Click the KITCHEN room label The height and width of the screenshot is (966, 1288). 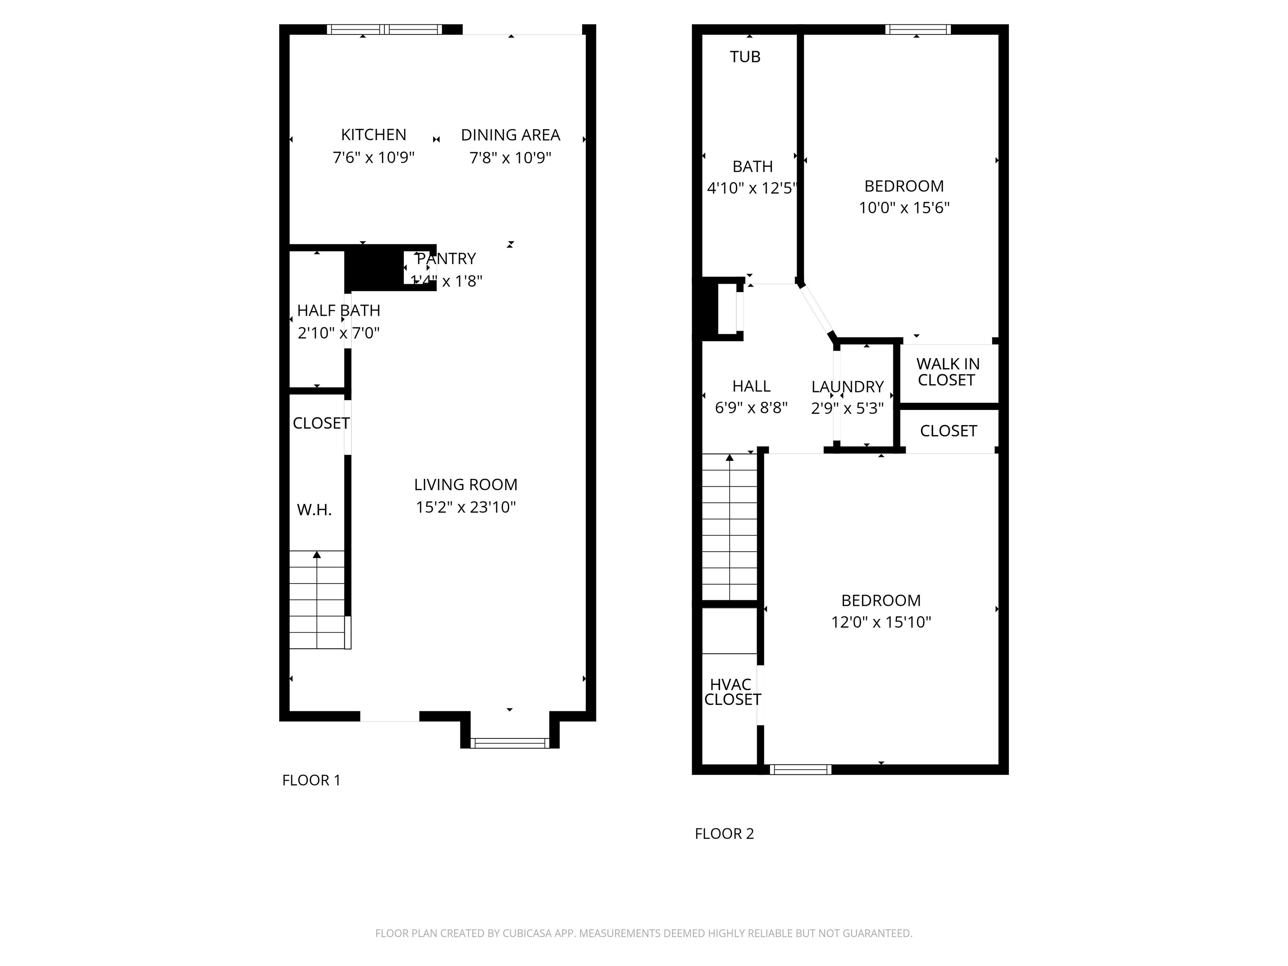[x=373, y=135]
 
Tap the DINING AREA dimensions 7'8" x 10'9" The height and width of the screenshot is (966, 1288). [x=510, y=158]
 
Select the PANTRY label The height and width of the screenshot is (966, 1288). [x=447, y=259]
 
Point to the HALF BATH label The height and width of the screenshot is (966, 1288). [x=338, y=310]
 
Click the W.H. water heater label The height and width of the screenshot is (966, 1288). [x=314, y=510]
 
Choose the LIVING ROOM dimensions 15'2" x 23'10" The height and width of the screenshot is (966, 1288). [x=466, y=507]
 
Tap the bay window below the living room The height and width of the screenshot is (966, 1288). [x=509, y=743]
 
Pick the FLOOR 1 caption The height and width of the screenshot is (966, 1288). [x=311, y=780]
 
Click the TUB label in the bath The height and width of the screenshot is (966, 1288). [x=745, y=57]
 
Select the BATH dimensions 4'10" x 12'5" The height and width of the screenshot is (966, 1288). [x=751, y=189]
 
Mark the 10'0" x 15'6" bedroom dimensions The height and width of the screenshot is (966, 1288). [x=904, y=208]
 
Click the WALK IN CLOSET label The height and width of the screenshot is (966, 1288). [x=948, y=372]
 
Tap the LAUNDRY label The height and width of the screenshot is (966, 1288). [x=847, y=387]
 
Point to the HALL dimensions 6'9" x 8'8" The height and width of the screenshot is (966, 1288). [x=751, y=408]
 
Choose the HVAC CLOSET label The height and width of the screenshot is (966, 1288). [x=732, y=692]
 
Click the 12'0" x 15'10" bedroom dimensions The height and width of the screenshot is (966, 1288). [x=880, y=623]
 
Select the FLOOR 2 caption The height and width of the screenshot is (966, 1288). [x=724, y=834]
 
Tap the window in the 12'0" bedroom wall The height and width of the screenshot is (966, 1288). [x=800, y=769]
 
